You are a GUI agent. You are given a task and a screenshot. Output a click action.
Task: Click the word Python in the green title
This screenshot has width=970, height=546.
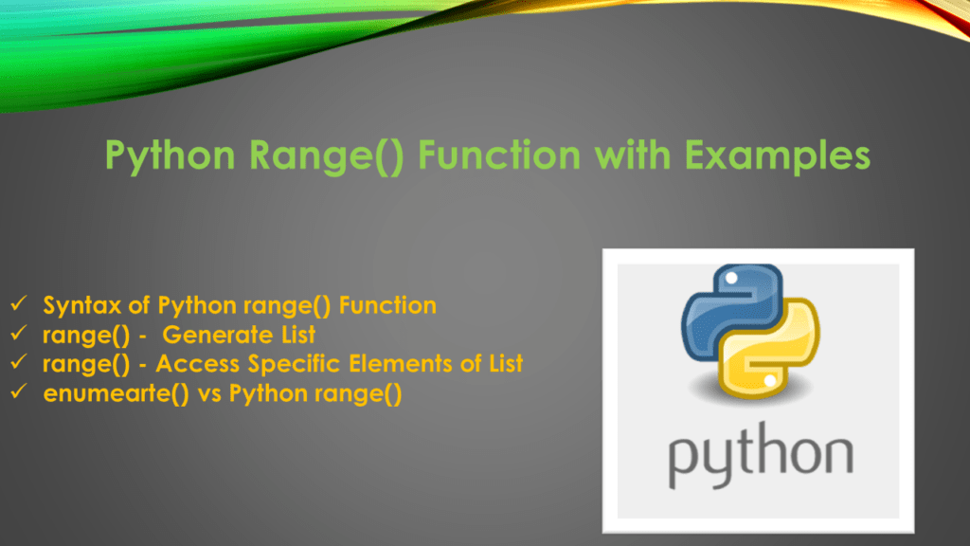tap(166, 155)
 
